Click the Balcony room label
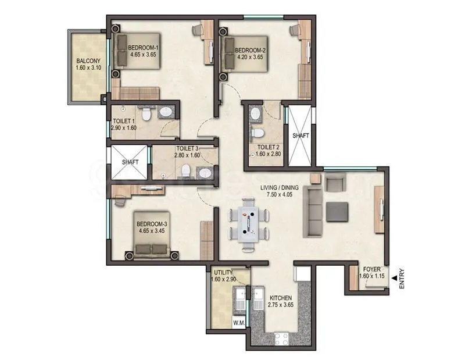click(x=88, y=60)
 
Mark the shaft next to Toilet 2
click(x=300, y=135)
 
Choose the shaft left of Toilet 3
click(x=130, y=162)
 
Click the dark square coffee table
click(x=338, y=212)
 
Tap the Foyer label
click(x=372, y=269)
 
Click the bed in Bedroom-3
click(x=152, y=244)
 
